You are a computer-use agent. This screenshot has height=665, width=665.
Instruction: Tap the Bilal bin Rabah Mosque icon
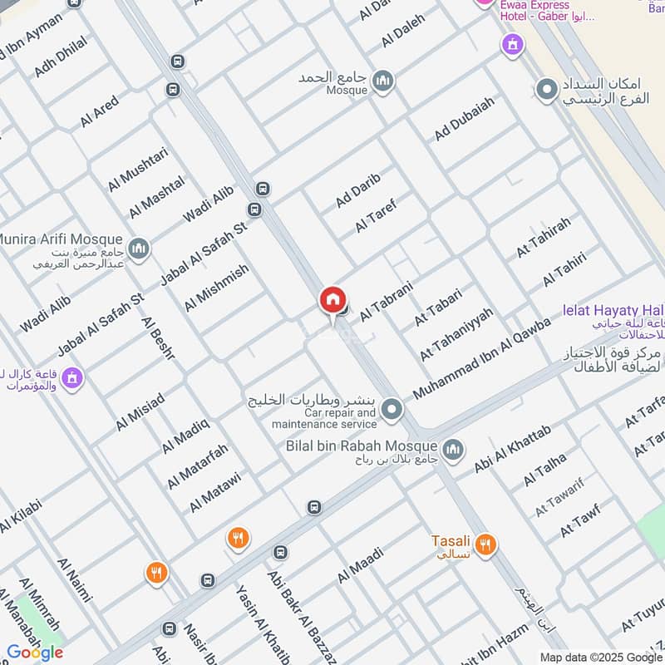pyautogui.click(x=453, y=451)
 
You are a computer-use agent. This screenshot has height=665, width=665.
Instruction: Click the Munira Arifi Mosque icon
pyautogui.click(x=139, y=248)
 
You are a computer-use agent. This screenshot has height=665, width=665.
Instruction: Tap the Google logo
pyautogui.click(x=34, y=652)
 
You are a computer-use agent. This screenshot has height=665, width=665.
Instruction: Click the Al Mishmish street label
pyautogui.click(x=216, y=288)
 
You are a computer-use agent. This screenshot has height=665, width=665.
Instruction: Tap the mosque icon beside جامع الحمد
pyautogui.click(x=382, y=81)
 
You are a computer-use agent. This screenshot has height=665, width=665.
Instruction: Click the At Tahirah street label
pyautogui.click(x=544, y=236)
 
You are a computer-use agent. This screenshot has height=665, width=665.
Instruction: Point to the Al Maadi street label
pyautogui.click(x=361, y=564)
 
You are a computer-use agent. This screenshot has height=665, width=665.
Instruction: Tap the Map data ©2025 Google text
pyautogui.click(x=603, y=657)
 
